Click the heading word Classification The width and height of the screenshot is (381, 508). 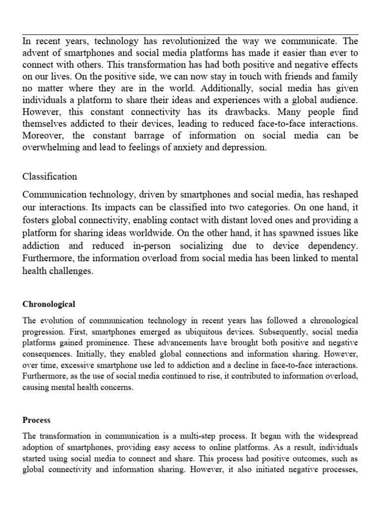pos(50,176)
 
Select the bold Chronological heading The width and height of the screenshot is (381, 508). pos(49,304)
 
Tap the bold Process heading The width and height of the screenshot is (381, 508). pos(36,420)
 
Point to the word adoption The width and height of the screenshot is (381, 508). pos(38,448)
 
